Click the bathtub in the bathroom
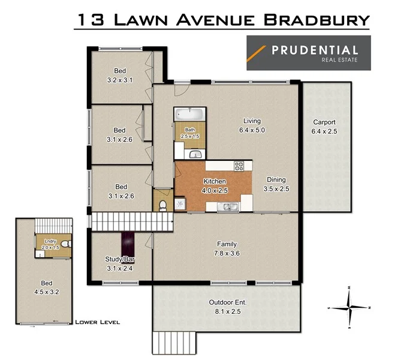click(189, 114)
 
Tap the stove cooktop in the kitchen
click(239, 166)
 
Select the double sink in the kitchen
click(228, 208)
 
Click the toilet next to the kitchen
click(163, 205)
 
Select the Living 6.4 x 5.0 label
click(251, 124)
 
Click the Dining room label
click(276, 184)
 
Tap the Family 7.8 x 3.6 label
click(227, 248)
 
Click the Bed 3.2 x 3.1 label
click(119, 74)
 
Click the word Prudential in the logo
click(315, 50)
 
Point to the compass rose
click(351, 308)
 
